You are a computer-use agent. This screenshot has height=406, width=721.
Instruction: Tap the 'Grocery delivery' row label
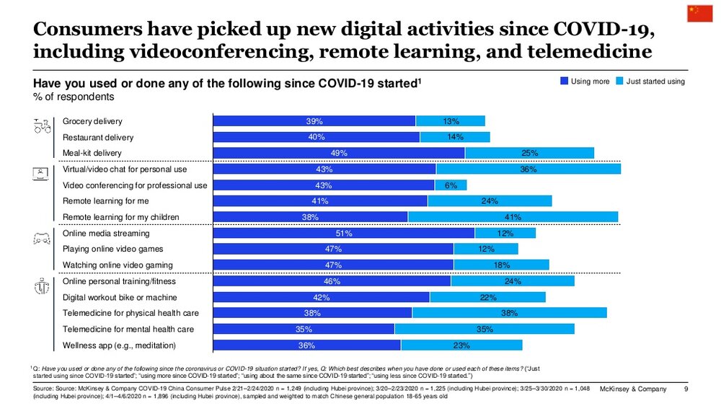[x=92, y=121]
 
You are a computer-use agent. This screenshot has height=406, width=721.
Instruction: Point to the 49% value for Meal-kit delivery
[x=339, y=153]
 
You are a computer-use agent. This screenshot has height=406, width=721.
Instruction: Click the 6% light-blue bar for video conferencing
[x=451, y=185]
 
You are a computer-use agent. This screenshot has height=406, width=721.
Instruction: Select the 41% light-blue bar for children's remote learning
[x=513, y=217]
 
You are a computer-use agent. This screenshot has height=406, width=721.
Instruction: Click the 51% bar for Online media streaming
[x=344, y=233]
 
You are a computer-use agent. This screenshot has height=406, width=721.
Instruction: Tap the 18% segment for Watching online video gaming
[x=501, y=265]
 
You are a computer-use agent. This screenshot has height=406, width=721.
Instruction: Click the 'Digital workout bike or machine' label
[x=120, y=297]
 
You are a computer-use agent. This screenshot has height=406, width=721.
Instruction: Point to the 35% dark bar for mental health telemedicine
[x=304, y=329]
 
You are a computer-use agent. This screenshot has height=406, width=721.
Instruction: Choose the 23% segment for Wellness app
[x=461, y=345]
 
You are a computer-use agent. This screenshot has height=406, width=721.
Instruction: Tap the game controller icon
[x=42, y=238]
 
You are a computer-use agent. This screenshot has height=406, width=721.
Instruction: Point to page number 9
[x=686, y=390]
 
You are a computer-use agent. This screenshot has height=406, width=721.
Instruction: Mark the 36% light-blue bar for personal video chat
[x=528, y=169]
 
